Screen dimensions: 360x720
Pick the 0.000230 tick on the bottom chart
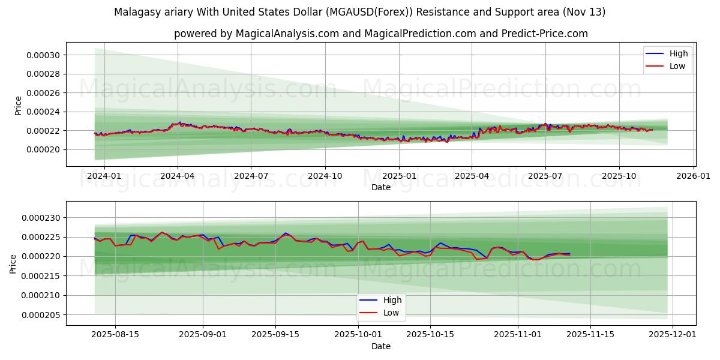coord(40,218)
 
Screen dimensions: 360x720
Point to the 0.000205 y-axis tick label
coord(40,315)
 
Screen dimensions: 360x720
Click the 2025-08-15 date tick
coord(115,335)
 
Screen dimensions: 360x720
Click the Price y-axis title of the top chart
coord(18,106)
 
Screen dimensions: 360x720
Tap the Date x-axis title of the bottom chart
coord(381,346)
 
